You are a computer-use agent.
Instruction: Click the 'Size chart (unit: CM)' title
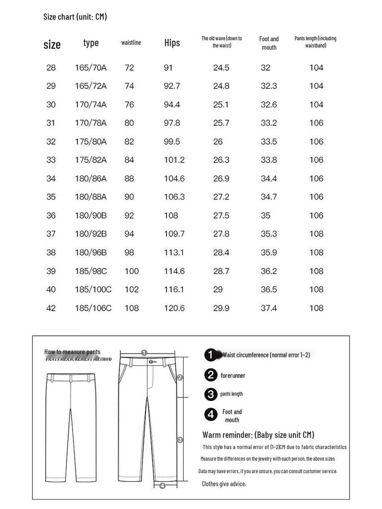pyautogui.click(x=75, y=17)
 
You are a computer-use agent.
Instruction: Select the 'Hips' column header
pyautogui.click(x=172, y=43)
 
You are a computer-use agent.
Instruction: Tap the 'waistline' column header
pyautogui.click(x=131, y=43)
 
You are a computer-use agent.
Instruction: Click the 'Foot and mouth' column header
pyautogui.click(x=269, y=43)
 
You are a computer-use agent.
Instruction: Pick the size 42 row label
pyautogui.click(x=51, y=308)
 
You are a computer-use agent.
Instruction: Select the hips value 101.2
pyautogui.click(x=174, y=160)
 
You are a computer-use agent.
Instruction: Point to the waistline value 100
pyautogui.click(x=132, y=271)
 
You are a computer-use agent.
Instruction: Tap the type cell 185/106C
pyautogui.click(x=93, y=308)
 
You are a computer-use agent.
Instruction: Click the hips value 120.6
pyautogui.click(x=174, y=308)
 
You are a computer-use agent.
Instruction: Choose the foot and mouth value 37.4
pyautogui.click(x=269, y=308)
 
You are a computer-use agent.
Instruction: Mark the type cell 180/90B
pyautogui.click(x=91, y=216)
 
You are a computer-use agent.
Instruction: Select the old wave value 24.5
pyautogui.click(x=221, y=68)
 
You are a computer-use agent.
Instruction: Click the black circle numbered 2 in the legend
pyautogui.click(x=211, y=375)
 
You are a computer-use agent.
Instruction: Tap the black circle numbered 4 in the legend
pyautogui.click(x=211, y=414)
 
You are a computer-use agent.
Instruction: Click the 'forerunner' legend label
pyautogui.click(x=233, y=376)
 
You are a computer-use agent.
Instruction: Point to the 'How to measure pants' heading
pyautogui.click(x=72, y=352)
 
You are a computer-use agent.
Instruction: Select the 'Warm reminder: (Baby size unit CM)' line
pyautogui.click(x=258, y=435)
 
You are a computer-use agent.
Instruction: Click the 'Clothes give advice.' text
pyautogui.click(x=224, y=484)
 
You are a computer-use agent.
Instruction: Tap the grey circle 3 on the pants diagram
pyautogui.click(x=180, y=439)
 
